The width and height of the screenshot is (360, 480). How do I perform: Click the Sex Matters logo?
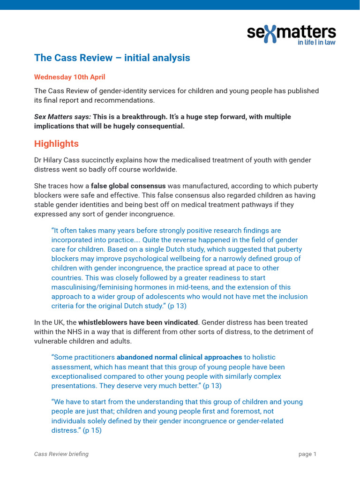click(x=291, y=33)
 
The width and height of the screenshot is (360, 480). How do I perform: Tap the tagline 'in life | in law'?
click(x=317, y=42)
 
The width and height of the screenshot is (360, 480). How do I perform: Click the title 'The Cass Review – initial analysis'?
click(x=112, y=58)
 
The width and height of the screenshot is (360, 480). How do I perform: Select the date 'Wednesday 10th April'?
click(x=69, y=77)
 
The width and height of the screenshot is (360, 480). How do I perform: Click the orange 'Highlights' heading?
click(x=56, y=143)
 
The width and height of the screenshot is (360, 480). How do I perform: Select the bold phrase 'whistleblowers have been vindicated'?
click(x=138, y=322)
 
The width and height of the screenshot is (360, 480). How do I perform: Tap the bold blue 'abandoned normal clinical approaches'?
click(x=179, y=357)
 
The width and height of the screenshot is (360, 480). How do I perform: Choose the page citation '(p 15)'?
click(x=92, y=430)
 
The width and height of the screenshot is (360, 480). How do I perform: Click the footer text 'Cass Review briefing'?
click(x=61, y=454)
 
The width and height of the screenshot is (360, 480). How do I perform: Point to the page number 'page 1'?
click(x=307, y=454)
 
